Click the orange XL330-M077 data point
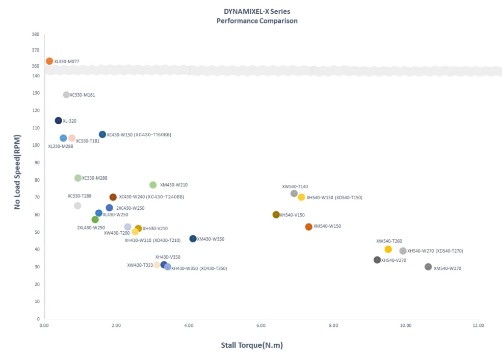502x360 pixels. click(49, 61)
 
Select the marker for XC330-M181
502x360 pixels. click(66, 95)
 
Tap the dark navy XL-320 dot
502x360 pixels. click(59, 121)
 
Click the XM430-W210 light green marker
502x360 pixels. click(153, 185)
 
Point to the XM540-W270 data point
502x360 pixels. click(428, 267)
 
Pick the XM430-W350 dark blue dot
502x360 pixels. click(193, 239)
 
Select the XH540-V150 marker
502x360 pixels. click(276, 215)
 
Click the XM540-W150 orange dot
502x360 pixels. click(309, 227)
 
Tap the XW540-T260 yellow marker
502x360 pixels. click(388, 249)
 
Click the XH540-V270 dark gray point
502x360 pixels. click(377, 260)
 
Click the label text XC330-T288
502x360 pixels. click(80, 196)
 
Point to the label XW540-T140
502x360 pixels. click(295, 186)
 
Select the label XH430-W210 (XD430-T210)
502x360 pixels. click(152, 240)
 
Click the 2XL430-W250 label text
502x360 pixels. click(91, 228)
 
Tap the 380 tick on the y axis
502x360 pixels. click(35, 35)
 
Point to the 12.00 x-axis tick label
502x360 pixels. click(478, 325)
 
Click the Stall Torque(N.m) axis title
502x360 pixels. click(252, 345)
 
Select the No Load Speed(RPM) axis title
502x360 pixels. click(18, 172)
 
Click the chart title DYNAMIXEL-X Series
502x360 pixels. click(257, 11)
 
